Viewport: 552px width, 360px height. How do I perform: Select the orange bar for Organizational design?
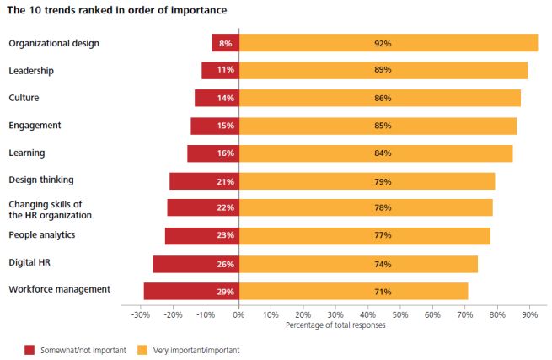point(388,43)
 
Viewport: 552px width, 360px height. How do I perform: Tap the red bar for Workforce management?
point(191,291)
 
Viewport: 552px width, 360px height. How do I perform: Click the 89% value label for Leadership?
point(383,70)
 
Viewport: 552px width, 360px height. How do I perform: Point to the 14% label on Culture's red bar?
point(225,98)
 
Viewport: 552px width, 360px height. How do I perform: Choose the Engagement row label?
point(35,125)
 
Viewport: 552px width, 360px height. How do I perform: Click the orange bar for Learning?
point(376,153)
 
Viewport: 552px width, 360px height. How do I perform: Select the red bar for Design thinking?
point(204,181)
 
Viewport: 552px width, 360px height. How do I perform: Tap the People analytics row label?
point(42,234)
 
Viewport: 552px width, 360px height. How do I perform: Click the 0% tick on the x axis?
point(238,314)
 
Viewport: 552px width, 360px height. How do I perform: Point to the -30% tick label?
point(141,314)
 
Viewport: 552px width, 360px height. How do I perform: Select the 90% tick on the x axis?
point(529,314)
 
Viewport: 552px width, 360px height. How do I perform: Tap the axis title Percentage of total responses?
point(335,325)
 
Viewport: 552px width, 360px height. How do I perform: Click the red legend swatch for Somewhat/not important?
point(29,348)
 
